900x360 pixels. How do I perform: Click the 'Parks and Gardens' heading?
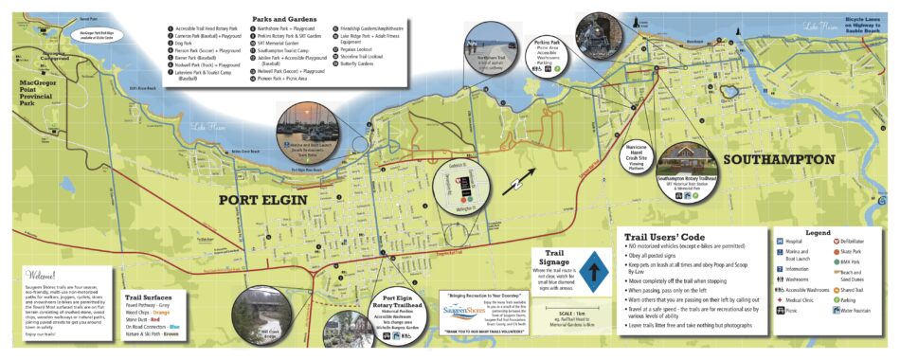pos(281,18)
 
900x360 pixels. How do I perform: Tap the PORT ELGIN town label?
pos(264,200)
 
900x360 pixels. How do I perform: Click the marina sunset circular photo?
pos(304,130)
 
